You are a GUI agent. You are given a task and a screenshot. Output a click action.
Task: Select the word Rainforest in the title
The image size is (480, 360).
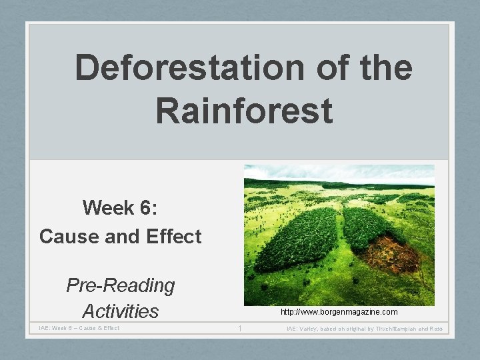(x=244, y=110)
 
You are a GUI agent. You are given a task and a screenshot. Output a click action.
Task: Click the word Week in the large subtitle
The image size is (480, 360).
(x=107, y=208)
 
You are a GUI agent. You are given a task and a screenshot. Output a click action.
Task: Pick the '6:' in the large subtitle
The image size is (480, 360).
(x=146, y=208)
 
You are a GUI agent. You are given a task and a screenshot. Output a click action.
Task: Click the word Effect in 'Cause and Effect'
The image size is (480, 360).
(x=171, y=236)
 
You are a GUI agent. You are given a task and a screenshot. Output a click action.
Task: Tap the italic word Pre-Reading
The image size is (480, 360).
(x=120, y=285)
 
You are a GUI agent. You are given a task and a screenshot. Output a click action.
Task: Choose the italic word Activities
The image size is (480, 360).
(x=120, y=311)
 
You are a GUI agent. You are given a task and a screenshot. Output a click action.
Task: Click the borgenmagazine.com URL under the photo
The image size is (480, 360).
(x=339, y=312)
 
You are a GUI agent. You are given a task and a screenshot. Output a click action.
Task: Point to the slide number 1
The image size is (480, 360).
(x=239, y=328)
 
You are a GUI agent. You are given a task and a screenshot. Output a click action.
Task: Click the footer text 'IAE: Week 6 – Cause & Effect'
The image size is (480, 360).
(x=79, y=328)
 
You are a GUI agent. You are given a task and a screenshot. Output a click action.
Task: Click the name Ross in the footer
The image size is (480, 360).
(x=436, y=329)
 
